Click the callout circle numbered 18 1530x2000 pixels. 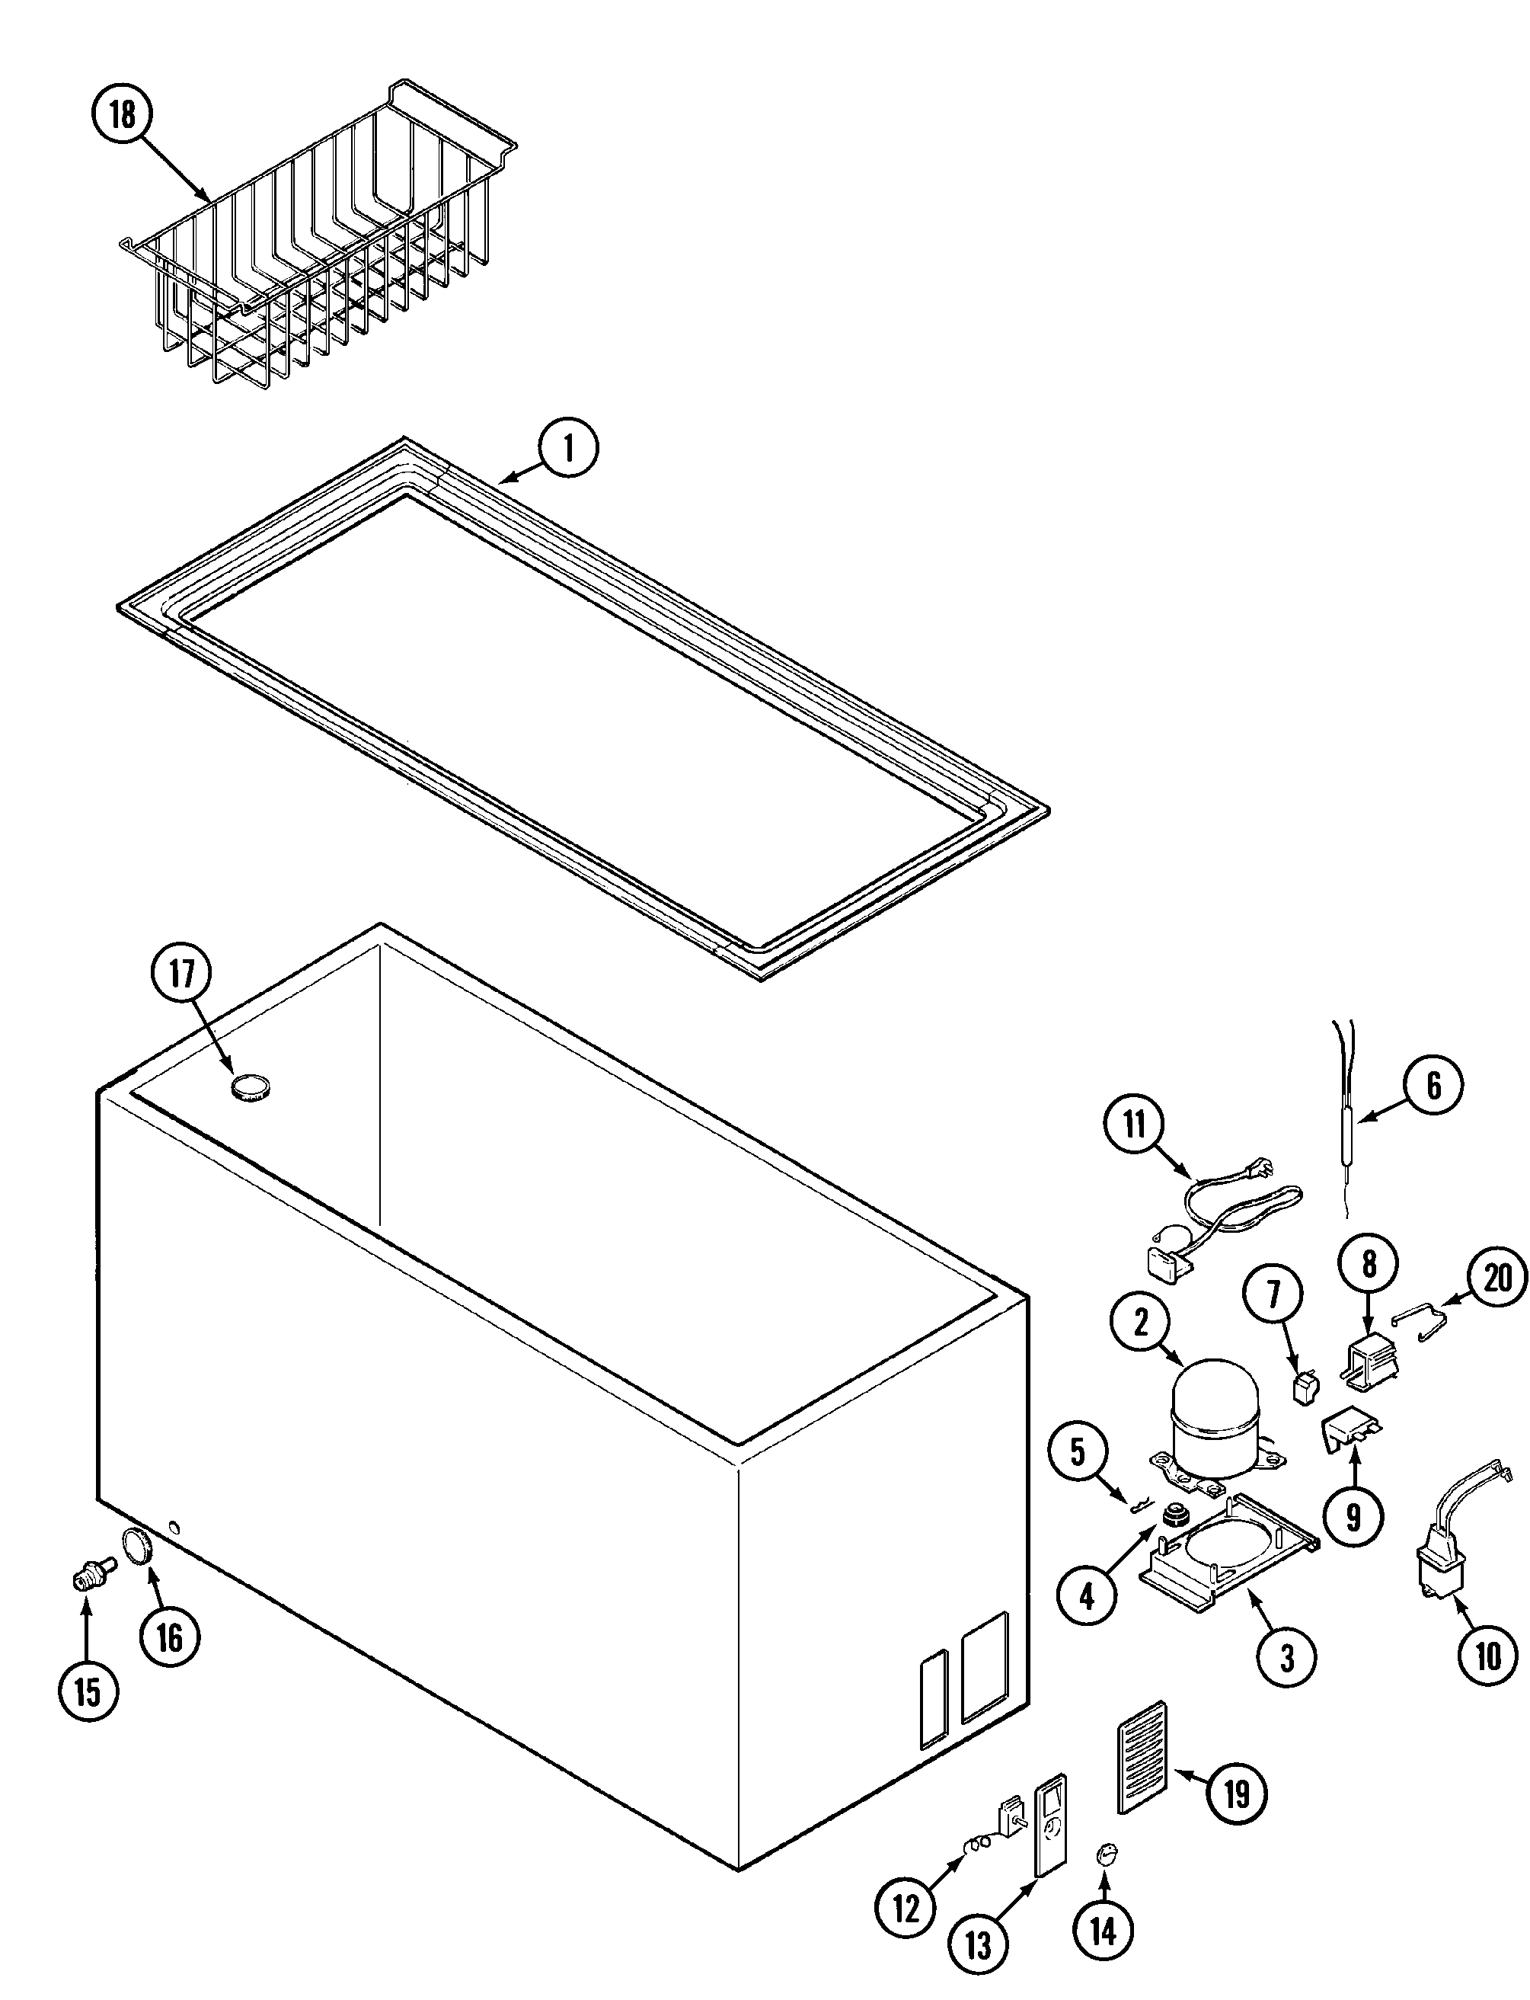pos(122,115)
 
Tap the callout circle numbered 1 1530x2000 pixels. pos(568,448)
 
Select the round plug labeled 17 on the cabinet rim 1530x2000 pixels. pos(251,1087)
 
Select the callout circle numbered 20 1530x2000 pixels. pos(1498,1278)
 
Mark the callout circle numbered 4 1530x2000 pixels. pos(1088,1595)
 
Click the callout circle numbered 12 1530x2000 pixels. pos(906,1906)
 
